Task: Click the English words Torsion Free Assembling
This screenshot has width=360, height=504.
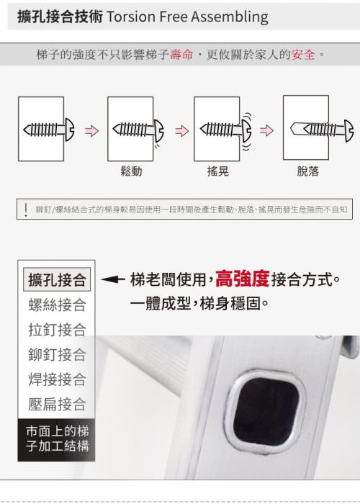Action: click(x=187, y=17)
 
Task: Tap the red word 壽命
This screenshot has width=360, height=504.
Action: click(x=181, y=54)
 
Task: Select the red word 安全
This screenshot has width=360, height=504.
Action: click(x=303, y=54)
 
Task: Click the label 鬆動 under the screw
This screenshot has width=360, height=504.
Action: click(x=131, y=171)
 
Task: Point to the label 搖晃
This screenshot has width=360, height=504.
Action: click(x=218, y=171)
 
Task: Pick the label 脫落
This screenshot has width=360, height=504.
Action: click(x=307, y=171)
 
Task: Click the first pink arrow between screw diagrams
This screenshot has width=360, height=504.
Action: click(x=92, y=131)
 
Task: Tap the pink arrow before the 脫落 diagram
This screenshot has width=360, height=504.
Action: click(x=267, y=130)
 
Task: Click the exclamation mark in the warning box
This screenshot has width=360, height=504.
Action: click(x=26, y=210)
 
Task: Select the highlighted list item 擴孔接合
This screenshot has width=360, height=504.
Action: click(x=57, y=279)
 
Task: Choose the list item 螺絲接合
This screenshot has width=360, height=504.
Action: click(x=57, y=305)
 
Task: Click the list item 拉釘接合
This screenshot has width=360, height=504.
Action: click(x=57, y=330)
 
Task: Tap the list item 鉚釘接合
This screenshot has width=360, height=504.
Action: click(x=57, y=354)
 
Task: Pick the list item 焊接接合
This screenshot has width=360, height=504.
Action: click(x=57, y=379)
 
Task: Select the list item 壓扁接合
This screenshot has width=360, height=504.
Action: click(x=57, y=404)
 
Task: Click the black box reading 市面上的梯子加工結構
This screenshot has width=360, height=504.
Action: click(x=56, y=440)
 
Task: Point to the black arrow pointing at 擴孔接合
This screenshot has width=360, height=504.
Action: click(x=113, y=279)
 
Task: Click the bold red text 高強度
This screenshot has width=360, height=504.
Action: click(x=243, y=279)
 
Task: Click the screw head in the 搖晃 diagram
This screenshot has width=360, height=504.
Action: click(x=246, y=130)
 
